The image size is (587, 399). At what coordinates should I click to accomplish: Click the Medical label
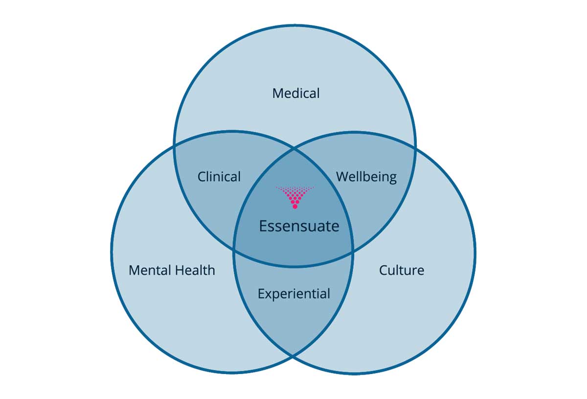[x=296, y=93]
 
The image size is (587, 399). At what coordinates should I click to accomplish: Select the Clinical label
[x=219, y=177]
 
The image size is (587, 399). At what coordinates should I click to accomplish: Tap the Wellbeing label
[x=366, y=177]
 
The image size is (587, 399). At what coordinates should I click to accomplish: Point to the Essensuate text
[x=298, y=226]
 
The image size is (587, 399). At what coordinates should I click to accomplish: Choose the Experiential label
[x=293, y=294]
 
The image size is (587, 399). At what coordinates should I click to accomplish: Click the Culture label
[x=401, y=270]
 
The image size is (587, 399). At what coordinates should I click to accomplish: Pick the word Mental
[x=150, y=270]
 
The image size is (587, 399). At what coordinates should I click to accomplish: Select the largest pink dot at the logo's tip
[x=294, y=207]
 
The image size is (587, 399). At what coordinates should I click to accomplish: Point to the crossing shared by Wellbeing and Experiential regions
[x=353, y=252]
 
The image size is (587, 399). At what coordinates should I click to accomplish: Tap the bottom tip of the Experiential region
[x=293, y=355]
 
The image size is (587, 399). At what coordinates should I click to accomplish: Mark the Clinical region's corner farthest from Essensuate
[x=174, y=145]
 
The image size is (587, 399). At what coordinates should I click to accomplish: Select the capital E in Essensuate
[x=263, y=226]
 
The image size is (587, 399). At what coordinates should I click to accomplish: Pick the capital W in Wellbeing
[x=341, y=176]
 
